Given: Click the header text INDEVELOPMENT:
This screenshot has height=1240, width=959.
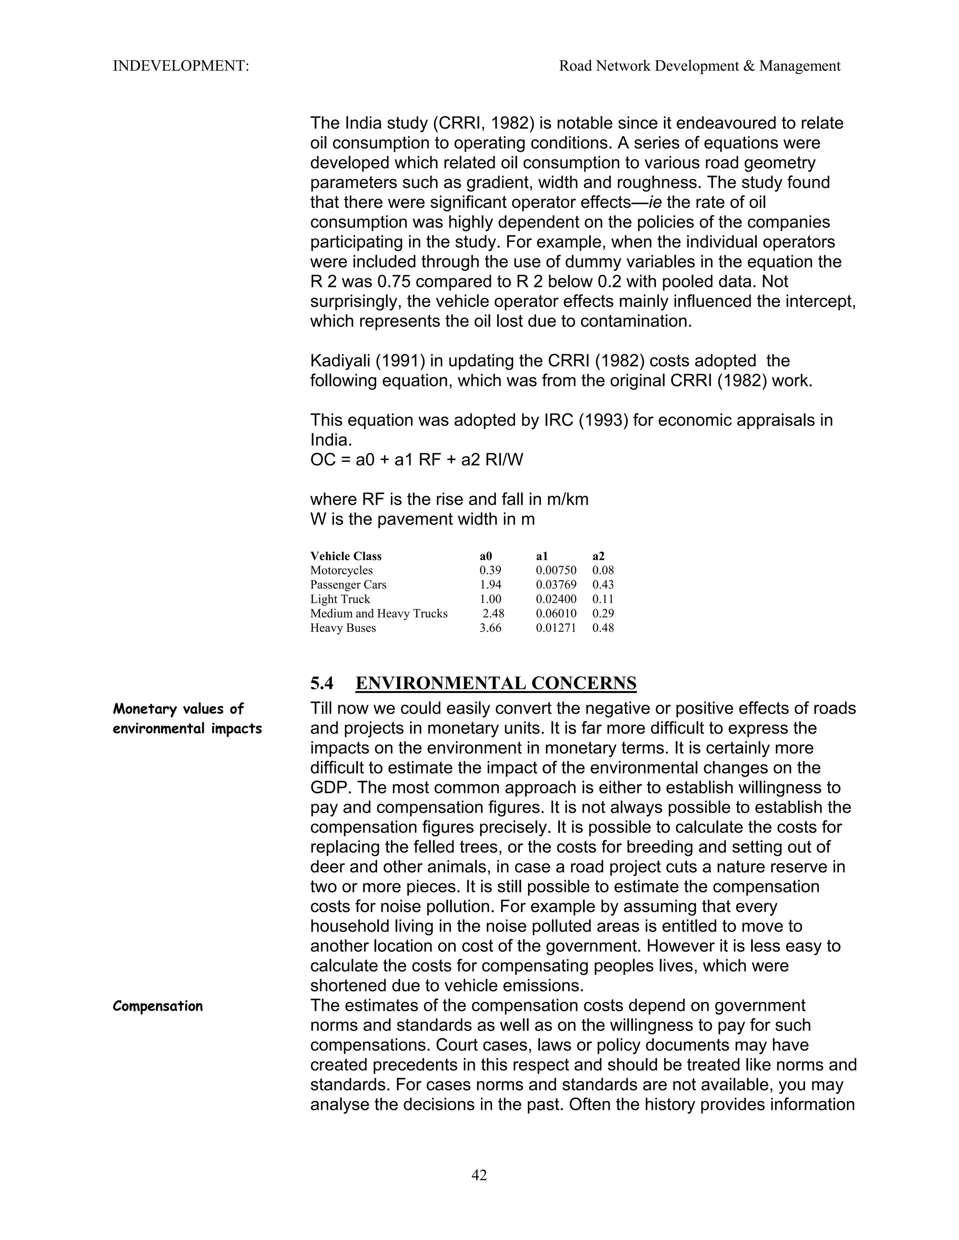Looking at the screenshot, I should pos(181,66).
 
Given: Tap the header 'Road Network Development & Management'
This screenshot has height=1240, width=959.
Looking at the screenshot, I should pos(700,66).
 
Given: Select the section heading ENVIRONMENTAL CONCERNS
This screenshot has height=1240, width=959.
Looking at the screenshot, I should pos(495,683).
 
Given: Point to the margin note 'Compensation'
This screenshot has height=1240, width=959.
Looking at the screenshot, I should pos(157,1006).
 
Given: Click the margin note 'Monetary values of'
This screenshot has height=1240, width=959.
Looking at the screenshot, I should pos(178,708).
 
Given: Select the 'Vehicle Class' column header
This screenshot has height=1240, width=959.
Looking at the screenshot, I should pos(346,556).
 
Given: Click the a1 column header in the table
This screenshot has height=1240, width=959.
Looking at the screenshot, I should pos(541,556).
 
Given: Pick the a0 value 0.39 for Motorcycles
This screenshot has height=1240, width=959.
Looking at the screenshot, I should pos(490,570).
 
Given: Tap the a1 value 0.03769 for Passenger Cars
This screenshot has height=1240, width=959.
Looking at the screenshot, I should pos(556,584).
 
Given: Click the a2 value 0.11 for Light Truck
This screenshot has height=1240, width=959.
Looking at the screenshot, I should pos(603,599).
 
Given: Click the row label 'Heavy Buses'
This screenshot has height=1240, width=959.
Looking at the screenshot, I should pos(343,628).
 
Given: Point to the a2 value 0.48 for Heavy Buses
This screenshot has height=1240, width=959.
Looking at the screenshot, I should pos(603,628).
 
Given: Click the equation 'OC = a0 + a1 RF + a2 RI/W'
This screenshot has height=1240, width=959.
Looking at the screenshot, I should pos(416,460).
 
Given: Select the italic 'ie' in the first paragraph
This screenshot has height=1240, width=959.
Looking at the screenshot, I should pos(655,202).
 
